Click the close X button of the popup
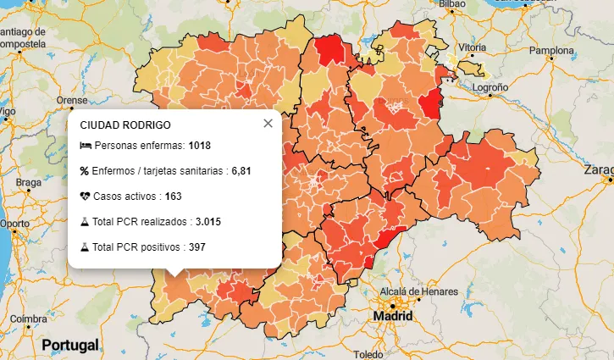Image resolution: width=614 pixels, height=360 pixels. pyautogui.click(x=268, y=124)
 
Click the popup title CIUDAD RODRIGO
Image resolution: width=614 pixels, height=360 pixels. pyautogui.click(x=124, y=125)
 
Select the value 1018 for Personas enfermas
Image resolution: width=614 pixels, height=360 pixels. pyautogui.click(x=200, y=146)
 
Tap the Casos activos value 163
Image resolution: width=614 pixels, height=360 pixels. pyautogui.click(x=174, y=197)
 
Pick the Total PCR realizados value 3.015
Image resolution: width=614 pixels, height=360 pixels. pyautogui.click(x=209, y=222)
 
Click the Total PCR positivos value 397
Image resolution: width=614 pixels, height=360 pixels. pyautogui.click(x=196, y=247)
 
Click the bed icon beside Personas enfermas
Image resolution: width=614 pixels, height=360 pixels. pyautogui.click(x=85, y=146)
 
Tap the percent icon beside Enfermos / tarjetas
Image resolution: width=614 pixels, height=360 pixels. pyautogui.click(x=85, y=171)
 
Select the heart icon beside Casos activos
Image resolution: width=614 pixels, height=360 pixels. pyautogui.click(x=85, y=197)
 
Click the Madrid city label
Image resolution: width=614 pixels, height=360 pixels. pyautogui.click(x=394, y=316)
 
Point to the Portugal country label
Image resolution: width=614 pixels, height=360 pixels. pyautogui.click(x=70, y=345)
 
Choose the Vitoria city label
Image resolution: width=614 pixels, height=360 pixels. pyautogui.click(x=472, y=47)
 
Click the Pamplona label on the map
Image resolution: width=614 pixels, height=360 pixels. pyautogui.click(x=551, y=50)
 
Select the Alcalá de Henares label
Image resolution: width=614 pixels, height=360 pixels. pyautogui.click(x=412, y=291)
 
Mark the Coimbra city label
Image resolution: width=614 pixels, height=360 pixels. pyautogui.click(x=29, y=318)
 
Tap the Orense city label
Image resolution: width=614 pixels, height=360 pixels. pyautogui.click(x=72, y=100)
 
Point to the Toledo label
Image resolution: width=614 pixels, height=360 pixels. pyautogui.click(x=368, y=354)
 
